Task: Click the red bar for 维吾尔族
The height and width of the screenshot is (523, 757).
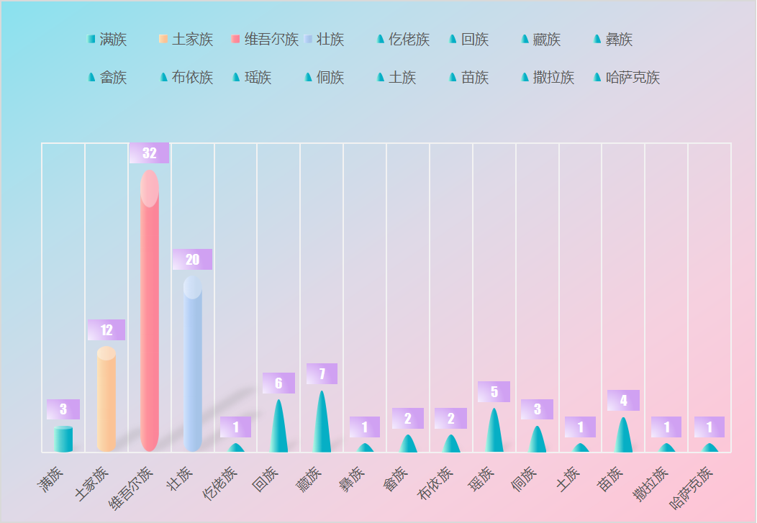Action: pos(150,311)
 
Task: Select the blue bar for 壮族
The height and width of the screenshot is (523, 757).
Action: pos(193,364)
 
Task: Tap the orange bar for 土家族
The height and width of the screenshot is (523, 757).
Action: pos(106,399)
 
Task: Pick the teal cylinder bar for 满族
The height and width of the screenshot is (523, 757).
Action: pos(63,439)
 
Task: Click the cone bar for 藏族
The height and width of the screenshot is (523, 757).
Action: pos(322,422)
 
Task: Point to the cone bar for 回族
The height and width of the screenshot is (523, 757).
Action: pos(278,426)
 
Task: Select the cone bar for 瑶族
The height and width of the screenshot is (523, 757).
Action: pos(494,430)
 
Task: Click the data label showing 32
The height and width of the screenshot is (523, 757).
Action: pos(149,153)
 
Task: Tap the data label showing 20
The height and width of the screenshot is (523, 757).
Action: pos(192,260)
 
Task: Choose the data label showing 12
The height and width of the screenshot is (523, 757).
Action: pos(106,330)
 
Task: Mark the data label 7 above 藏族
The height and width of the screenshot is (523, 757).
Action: pos(322,374)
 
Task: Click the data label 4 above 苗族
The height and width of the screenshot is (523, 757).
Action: pos(623,401)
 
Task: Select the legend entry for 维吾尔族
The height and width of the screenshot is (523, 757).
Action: pos(265,39)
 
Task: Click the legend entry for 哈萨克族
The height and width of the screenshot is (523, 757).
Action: pos(627,77)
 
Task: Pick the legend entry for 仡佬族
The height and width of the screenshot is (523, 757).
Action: pos(403,39)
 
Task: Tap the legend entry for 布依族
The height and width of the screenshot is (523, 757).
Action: pos(186,77)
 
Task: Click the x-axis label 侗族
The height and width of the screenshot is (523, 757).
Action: pos(524,479)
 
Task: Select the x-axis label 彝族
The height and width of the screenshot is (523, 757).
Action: pos(351,479)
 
